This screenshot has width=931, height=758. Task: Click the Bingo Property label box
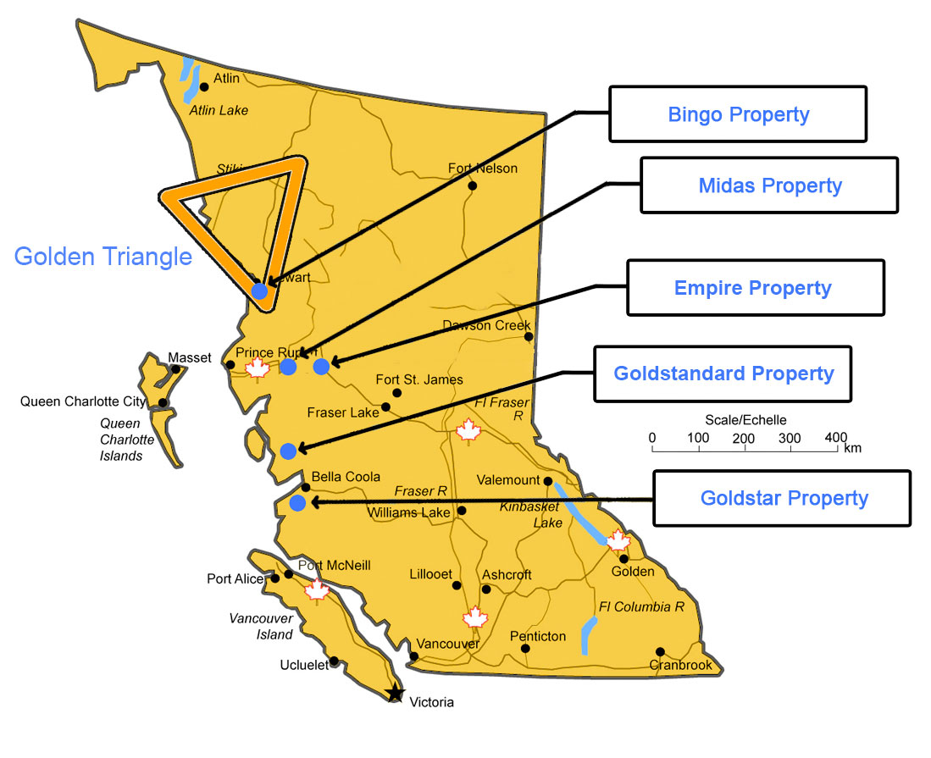pyautogui.click(x=738, y=113)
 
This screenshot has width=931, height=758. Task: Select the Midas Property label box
pyautogui.click(x=769, y=185)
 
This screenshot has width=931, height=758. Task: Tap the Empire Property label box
pyautogui.click(x=754, y=288)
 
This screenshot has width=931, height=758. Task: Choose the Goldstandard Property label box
pyautogui.click(x=723, y=373)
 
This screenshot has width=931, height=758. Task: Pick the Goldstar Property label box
pyautogui.click(x=783, y=498)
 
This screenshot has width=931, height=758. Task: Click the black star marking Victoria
pyautogui.click(x=395, y=694)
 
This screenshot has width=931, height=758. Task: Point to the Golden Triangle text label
pyautogui.click(x=103, y=256)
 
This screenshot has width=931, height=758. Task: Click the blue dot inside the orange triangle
pyautogui.click(x=259, y=290)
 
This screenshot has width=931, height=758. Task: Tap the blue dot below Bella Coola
pyautogui.click(x=297, y=503)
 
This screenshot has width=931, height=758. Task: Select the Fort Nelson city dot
pyautogui.click(x=472, y=185)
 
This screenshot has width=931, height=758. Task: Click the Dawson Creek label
pyautogui.click(x=486, y=325)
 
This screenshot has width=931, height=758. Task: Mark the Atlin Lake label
pyautogui.click(x=219, y=110)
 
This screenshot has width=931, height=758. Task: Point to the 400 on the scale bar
pyautogui.click(x=835, y=437)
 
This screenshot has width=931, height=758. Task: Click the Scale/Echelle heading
pyautogui.click(x=745, y=420)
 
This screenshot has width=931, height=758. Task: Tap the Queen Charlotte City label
pyautogui.click(x=83, y=401)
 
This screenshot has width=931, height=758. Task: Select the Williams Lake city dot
pyautogui.click(x=462, y=511)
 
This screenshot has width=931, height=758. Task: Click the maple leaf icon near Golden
pyautogui.click(x=619, y=539)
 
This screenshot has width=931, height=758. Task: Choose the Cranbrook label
pyautogui.click(x=681, y=665)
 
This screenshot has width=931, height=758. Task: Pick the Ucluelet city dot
pyautogui.click(x=335, y=661)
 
